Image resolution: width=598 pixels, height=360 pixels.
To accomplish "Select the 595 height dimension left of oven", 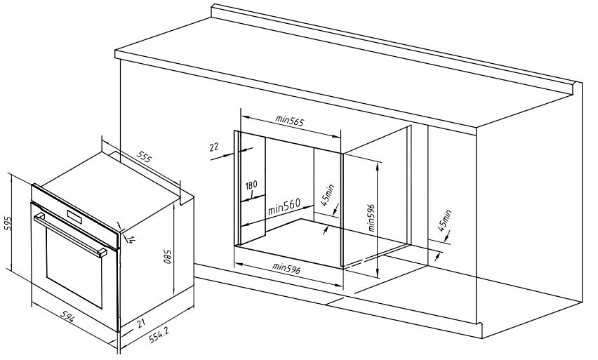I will pos(8,224).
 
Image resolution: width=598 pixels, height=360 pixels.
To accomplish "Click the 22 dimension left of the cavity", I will pos(213,147).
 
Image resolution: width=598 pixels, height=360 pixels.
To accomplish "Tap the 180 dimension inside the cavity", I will pos(251,185).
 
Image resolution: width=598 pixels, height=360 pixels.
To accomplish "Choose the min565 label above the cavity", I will pos(288,121).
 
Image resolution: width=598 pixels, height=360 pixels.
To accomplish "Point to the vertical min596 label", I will pos(371,218).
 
